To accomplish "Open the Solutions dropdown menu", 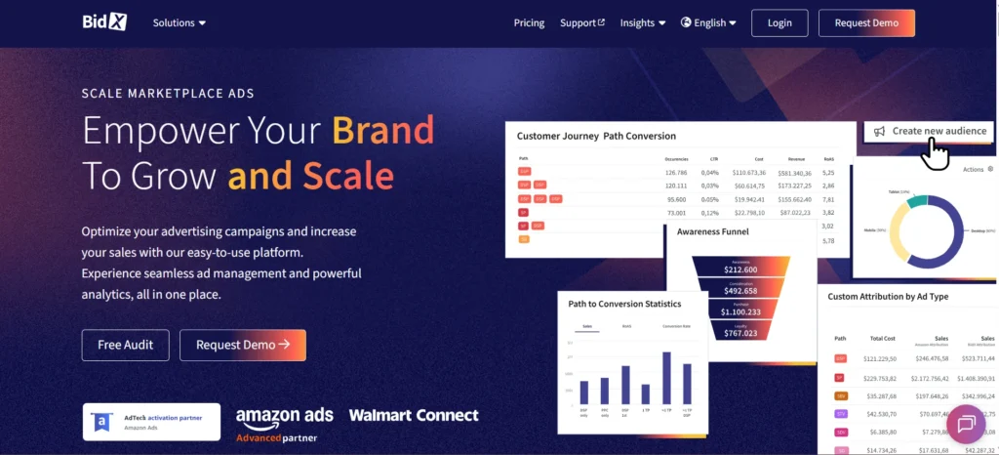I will (x=179, y=22).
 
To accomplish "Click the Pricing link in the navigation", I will (x=529, y=22).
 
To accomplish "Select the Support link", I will (x=581, y=22).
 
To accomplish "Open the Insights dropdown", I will (x=643, y=22).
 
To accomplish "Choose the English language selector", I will (x=708, y=22).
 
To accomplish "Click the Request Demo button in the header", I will (x=866, y=22).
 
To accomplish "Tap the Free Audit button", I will (x=125, y=345).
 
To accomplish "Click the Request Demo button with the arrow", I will (x=243, y=345).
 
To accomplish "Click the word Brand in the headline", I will (x=382, y=130).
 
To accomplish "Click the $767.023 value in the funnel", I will (x=740, y=333).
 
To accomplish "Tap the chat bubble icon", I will (x=967, y=424).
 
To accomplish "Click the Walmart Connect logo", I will (x=414, y=415).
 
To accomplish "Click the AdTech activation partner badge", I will (x=151, y=421).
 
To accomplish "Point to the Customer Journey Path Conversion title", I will (x=596, y=136).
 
